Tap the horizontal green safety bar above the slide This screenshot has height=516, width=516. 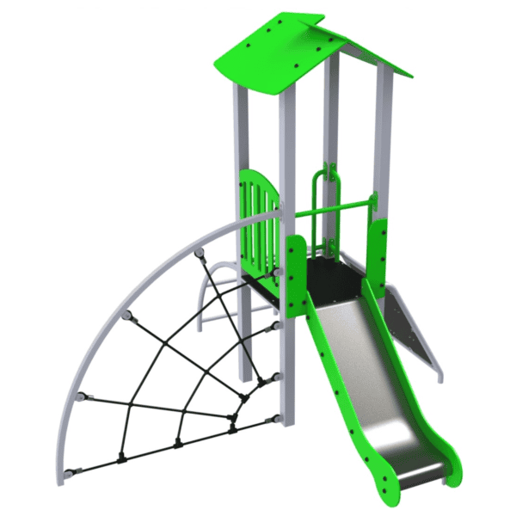(335, 208)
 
